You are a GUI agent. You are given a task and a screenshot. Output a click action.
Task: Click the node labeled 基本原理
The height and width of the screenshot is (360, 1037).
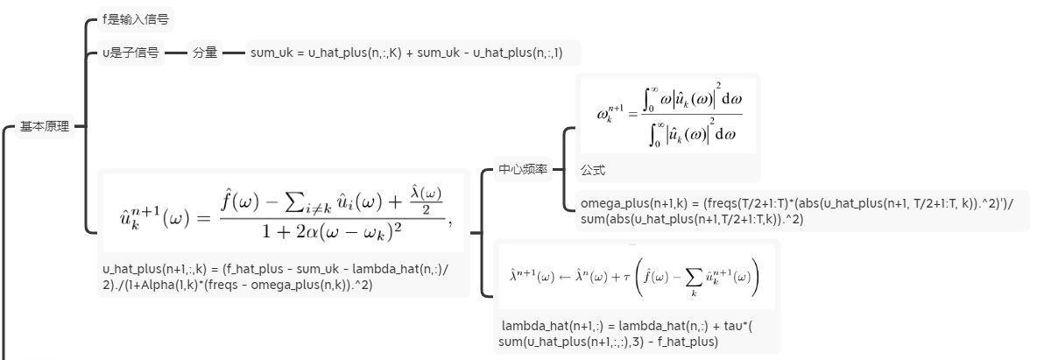[x=45, y=127]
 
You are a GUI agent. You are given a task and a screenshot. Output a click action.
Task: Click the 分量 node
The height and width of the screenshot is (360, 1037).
[x=204, y=53]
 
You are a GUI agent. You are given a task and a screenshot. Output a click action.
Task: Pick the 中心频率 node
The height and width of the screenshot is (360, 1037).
[x=523, y=169]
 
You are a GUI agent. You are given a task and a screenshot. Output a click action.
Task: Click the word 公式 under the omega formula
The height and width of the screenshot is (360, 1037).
[x=593, y=170]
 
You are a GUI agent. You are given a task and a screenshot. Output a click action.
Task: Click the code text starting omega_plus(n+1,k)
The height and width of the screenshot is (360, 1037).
[x=797, y=211]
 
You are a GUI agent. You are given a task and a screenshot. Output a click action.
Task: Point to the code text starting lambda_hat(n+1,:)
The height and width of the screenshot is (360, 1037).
[x=631, y=334]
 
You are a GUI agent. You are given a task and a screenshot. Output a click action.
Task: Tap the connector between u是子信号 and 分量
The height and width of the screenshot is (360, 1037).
[x=176, y=53]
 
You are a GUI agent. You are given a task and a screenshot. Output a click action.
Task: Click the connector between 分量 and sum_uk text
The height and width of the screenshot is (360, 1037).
[x=234, y=53]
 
